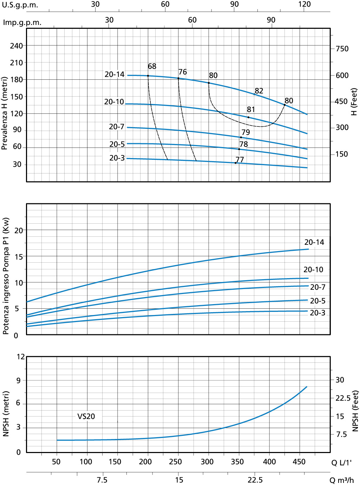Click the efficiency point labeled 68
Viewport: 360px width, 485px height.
[148, 76]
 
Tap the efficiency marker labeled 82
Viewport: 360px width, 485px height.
[255, 94]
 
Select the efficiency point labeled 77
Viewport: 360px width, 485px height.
[236, 163]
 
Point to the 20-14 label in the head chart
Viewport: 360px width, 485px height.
[114, 74]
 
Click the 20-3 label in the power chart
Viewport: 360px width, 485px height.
[318, 313]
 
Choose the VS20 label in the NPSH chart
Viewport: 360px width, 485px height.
[86, 417]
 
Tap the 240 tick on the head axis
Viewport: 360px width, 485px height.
[16, 46]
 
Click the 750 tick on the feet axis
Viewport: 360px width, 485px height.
[342, 49]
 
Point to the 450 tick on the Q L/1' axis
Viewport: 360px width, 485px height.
[299, 462]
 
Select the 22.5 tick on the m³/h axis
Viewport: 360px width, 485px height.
[255, 480]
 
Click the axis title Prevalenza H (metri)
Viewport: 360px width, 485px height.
[5, 113]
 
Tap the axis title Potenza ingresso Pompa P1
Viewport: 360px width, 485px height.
[6, 276]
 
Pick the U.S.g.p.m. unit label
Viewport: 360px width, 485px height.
[20, 5]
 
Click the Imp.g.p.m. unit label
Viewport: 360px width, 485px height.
[22, 22]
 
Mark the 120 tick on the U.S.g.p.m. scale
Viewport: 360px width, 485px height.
[305, 4]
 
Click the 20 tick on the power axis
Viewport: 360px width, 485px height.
[18, 231]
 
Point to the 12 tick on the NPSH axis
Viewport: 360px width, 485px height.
[21, 357]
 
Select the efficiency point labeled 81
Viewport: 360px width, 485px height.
[248, 117]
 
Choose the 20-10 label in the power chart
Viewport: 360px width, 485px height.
[313, 270]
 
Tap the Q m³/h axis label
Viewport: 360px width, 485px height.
[342, 480]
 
